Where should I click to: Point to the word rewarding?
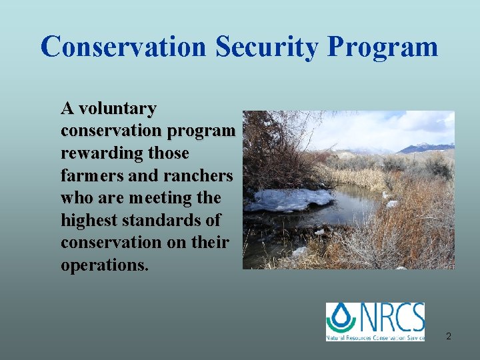click(x=102, y=153)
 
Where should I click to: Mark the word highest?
click(x=87, y=220)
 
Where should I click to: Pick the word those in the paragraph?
click(x=169, y=153)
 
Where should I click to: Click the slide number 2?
click(x=449, y=336)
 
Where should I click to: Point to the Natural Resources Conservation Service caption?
click(x=375, y=337)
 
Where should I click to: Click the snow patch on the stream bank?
click(x=290, y=199)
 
